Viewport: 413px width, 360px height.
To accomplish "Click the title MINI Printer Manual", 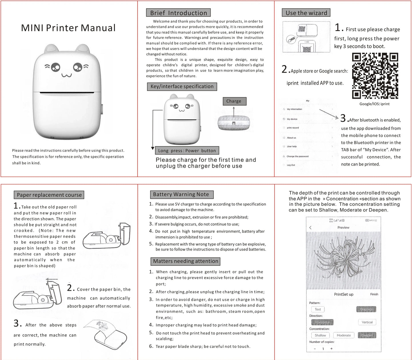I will pos(68,28).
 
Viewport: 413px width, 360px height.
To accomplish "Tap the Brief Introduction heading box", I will pos(178,13).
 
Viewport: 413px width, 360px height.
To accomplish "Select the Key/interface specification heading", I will pos(182,87).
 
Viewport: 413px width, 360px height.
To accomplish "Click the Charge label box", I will pos(234,101).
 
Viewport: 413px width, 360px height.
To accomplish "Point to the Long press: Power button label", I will pos(187,151).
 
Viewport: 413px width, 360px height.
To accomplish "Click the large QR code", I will pos(375,76).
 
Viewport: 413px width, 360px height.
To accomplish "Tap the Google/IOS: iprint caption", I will pos(374,104).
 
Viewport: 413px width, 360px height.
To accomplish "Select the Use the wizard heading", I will pos(306,13).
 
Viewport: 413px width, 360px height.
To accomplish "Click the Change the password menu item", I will pos(298,156).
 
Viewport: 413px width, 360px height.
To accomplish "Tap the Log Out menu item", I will pos(291,165).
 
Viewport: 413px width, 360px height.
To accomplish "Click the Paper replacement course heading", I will pos(49,195).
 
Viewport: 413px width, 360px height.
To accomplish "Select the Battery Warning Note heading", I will pos(181,194).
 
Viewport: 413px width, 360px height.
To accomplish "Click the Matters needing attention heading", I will pos(185,261).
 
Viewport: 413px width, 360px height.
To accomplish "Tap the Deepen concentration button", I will pos(367,335).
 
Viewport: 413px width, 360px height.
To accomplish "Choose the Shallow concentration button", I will pos(320,335).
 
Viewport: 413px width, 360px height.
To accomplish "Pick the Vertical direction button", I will pos(367,322).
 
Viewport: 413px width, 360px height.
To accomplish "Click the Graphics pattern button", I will pos(366,309).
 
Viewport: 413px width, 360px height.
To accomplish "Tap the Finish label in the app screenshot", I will pos(374,294).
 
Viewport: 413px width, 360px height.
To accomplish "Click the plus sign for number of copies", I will pos(332,349).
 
